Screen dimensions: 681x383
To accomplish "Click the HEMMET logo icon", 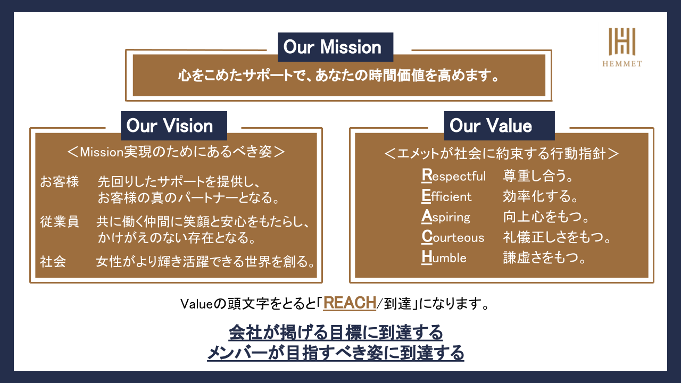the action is [622, 41].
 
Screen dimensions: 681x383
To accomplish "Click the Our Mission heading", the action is [333, 47].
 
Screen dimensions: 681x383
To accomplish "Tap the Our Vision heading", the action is [170, 126].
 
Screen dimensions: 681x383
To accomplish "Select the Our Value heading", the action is [491, 126].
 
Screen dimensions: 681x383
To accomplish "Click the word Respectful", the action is [454, 176].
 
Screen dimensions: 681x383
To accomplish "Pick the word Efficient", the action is [446, 196].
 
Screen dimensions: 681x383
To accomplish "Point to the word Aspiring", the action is [446, 217].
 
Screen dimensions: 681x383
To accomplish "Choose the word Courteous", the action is [453, 237].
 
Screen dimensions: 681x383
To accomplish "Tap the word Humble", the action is [444, 257].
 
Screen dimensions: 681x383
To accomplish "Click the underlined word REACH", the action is [350, 303].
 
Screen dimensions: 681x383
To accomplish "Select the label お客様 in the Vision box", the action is [60, 181].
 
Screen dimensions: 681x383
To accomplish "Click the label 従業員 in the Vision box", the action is [60, 222].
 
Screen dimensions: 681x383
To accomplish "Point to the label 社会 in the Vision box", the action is [53, 261].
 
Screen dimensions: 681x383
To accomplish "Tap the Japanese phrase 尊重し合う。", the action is [538, 176].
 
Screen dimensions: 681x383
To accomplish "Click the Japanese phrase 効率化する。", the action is [541, 196].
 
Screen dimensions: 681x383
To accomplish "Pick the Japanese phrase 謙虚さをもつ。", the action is [544, 257].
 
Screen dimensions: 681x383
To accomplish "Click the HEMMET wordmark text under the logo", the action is [622, 64].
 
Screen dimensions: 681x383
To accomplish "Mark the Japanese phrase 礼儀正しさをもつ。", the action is [557, 237].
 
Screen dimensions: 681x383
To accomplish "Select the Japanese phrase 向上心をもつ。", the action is [546, 217].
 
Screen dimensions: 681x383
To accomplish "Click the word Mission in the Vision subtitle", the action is [102, 152].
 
